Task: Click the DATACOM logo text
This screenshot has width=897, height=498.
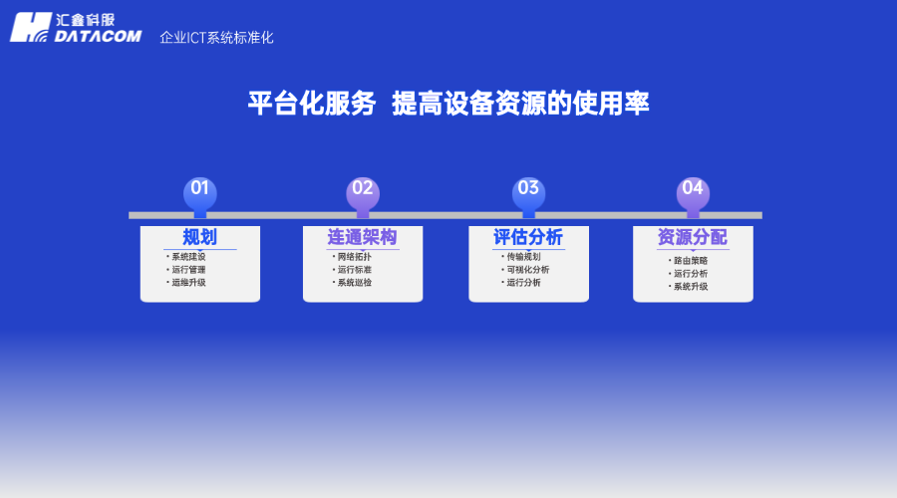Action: click(98, 36)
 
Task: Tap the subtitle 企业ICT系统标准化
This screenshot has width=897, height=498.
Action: click(216, 38)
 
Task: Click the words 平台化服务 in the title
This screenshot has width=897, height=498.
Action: click(312, 104)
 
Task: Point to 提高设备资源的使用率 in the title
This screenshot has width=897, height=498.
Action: click(520, 104)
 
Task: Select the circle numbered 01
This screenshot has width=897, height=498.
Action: click(200, 189)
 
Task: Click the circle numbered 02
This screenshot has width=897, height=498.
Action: click(363, 189)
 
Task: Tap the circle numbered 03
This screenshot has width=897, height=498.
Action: click(528, 189)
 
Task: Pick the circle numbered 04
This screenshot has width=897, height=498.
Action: click(693, 189)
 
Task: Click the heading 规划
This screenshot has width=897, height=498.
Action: click(199, 237)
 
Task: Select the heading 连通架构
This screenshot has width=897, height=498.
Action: click(362, 237)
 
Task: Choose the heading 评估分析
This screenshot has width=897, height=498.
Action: click(528, 237)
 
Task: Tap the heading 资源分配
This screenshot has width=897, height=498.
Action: click(692, 237)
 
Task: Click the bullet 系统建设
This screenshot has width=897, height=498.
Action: click(187, 257)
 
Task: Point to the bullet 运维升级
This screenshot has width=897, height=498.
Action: click(187, 282)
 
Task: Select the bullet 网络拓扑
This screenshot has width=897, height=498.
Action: click(354, 257)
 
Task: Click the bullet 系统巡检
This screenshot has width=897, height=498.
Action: click(354, 282)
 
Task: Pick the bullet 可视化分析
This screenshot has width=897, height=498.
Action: click(527, 269)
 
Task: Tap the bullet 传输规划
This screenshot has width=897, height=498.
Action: click(523, 257)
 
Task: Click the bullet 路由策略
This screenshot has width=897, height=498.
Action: click(690, 261)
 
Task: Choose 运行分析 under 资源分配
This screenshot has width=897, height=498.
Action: click(690, 274)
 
